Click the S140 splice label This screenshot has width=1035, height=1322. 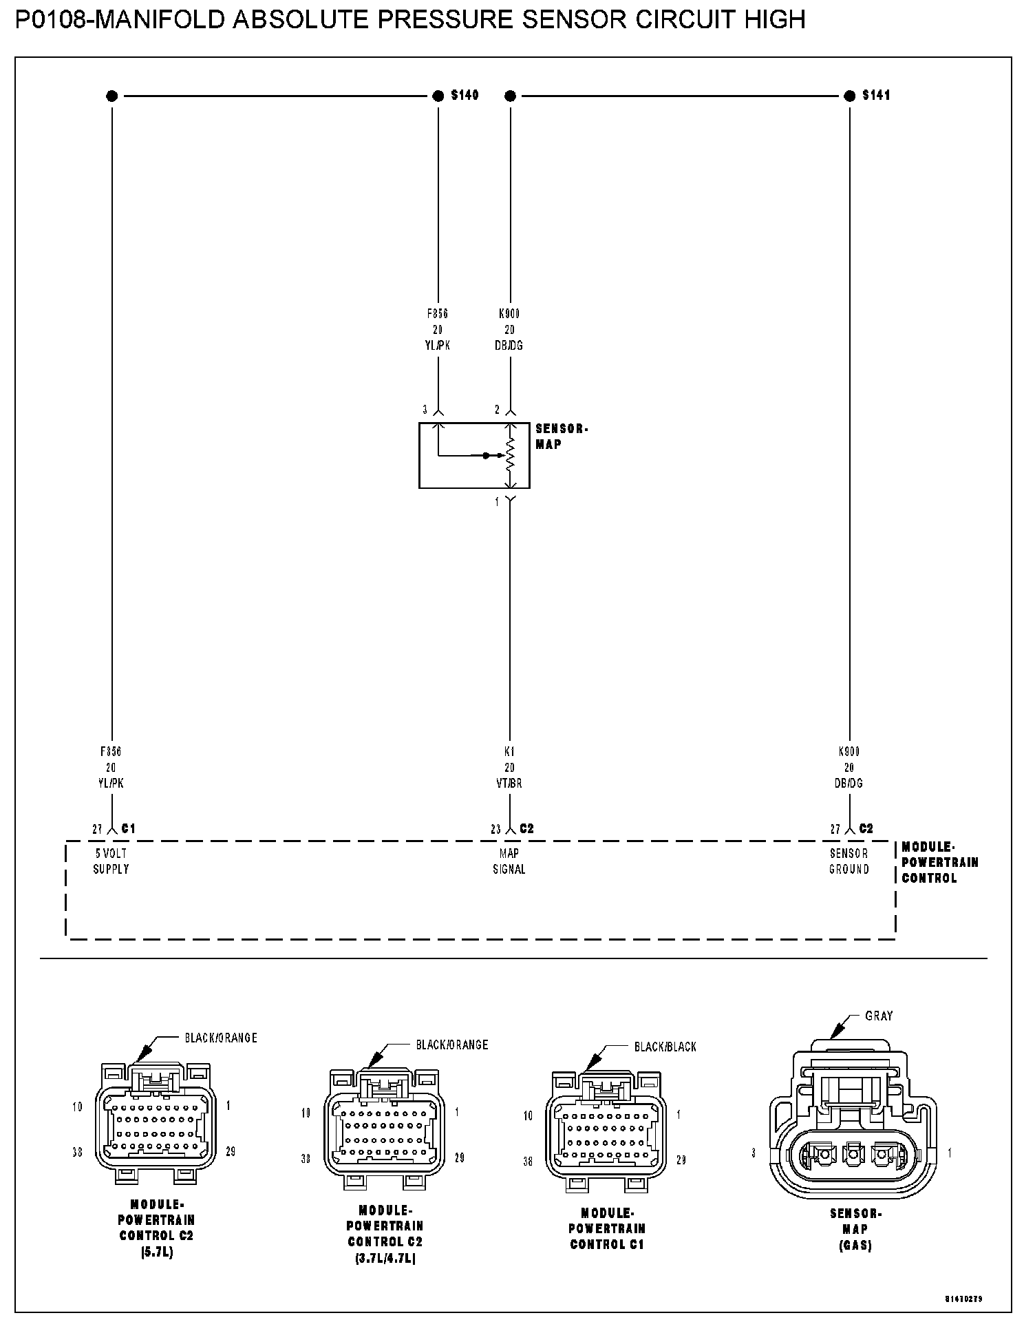(465, 95)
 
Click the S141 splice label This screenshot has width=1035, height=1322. (876, 95)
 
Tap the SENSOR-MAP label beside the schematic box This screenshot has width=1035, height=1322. (561, 437)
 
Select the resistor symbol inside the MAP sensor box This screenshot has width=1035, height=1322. (510, 455)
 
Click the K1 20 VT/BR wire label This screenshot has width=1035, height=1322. (509, 767)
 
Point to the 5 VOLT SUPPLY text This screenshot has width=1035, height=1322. (111, 861)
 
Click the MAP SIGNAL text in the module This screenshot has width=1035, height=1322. (509, 861)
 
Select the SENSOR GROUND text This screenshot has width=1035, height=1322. (849, 861)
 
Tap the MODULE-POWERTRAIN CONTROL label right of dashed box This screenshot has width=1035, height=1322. (939, 862)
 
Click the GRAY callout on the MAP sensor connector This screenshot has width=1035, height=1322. (878, 1016)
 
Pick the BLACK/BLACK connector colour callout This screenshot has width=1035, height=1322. (665, 1047)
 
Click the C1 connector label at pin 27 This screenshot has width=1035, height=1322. (129, 828)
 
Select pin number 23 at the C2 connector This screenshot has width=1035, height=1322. (495, 830)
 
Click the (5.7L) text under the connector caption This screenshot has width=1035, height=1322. (156, 1252)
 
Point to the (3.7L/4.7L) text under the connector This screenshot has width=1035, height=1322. (385, 1259)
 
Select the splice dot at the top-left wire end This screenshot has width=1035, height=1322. (111, 96)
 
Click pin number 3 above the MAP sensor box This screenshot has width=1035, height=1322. (425, 410)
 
